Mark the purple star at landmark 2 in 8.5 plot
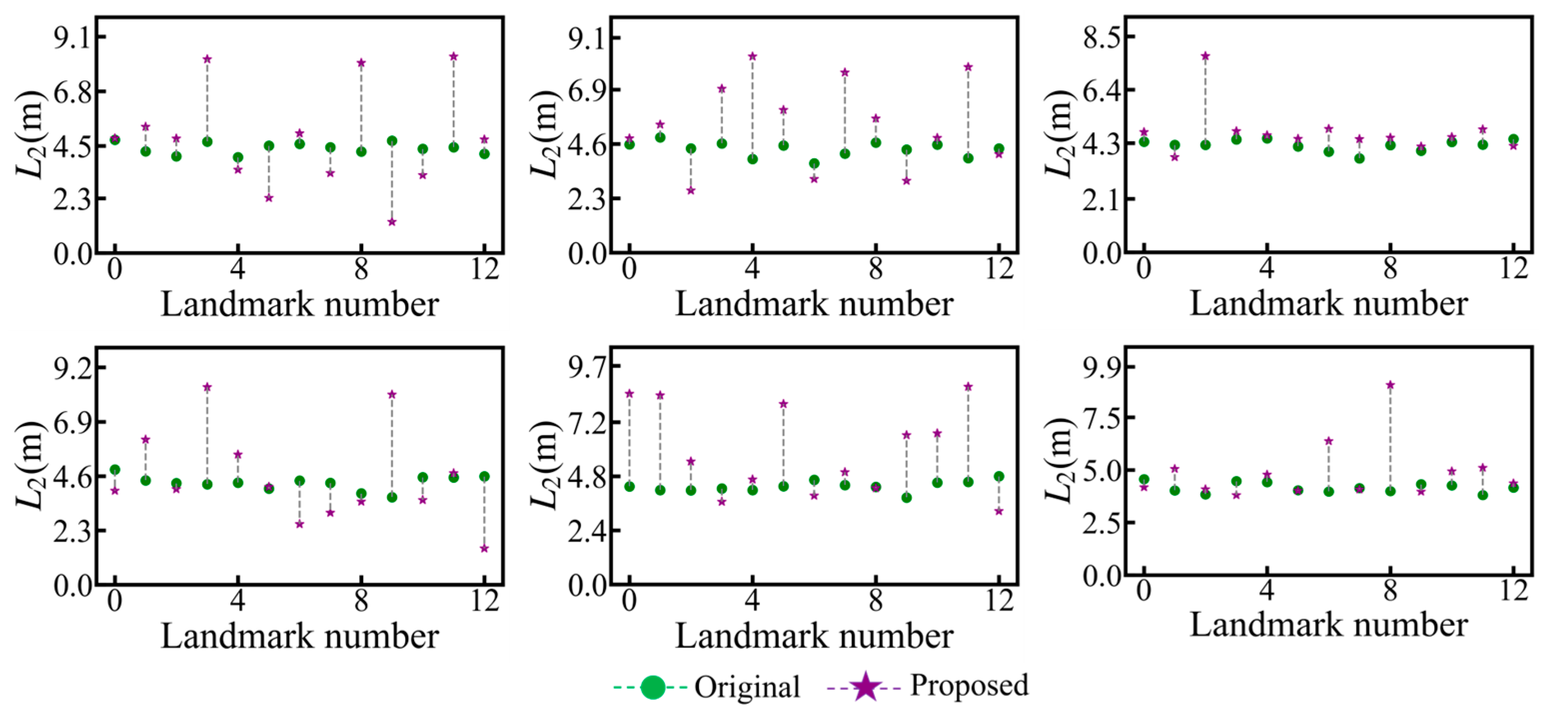pyautogui.click(x=1205, y=56)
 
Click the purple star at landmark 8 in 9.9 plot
pyautogui.click(x=1390, y=384)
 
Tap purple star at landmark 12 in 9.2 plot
pyautogui.click(x=485, y=548)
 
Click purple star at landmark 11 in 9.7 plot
pyautogui.click(x=968, y=387)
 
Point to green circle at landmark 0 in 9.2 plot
pyautogui.click(x=114, y=470)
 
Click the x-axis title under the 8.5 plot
pyautogui.click(x=1329, y=304)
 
